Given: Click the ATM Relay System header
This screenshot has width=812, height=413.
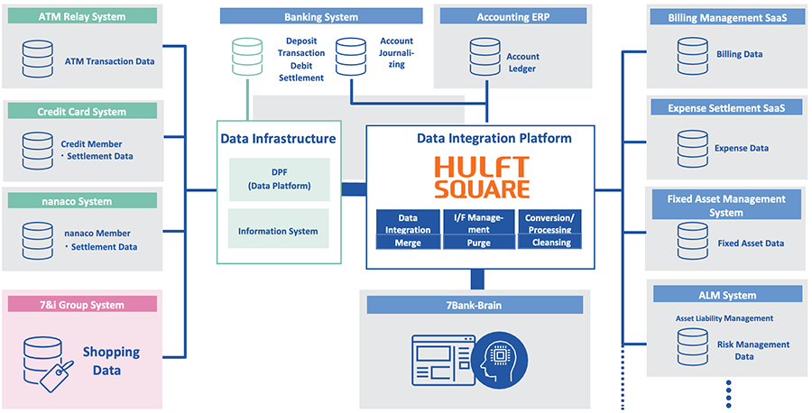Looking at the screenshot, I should click(83, 16).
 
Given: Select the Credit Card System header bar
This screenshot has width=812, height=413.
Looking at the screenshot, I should click(82, 112).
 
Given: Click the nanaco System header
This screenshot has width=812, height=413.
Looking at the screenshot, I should click(82, 201).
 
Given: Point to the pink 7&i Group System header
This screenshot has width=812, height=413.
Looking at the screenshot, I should click(82, 305).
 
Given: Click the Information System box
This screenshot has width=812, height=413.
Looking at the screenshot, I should click(279, 231).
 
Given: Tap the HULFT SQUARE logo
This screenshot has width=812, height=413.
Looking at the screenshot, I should click(481, 177).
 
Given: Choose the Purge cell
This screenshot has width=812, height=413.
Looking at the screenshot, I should click(479, 243).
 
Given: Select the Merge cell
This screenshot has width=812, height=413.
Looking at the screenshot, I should click(408, 243).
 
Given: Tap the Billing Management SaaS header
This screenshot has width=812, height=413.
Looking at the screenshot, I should click(727, 17).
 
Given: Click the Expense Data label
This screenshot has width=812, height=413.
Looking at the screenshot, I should click(742, 149).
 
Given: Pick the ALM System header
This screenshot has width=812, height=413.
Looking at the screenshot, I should click(727, 295).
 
